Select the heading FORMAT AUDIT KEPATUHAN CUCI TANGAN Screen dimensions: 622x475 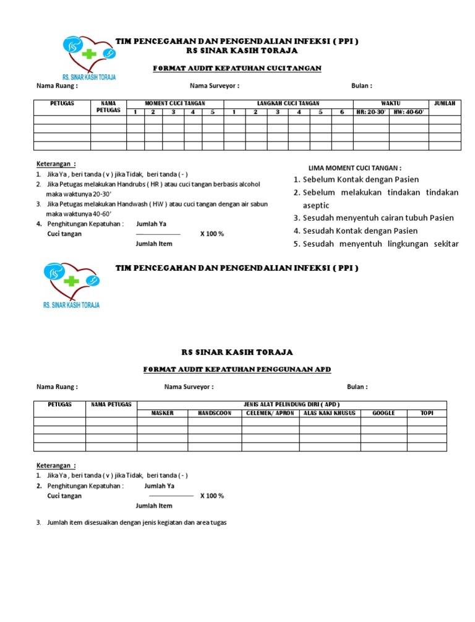pyautogui.click(x=237, y=68)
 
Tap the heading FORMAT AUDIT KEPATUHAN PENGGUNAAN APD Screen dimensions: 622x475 pyautogui.click(x=237, y=369)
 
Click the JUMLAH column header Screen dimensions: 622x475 pyautogui.click(x=445, y=103)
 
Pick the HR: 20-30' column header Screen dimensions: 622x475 pyautogui.click(x=370, y=112)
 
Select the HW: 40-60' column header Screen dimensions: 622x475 pyautogui.click(x=409, y=112)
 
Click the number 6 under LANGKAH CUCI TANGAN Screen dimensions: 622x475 pyautogui.click(x=341, y=112)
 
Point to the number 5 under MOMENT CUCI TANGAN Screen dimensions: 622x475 pyautogui.click(x=212, y=112)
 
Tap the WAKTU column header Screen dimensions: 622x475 pyautogui.click(x=390, y=103)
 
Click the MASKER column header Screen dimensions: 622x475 pyautogui.click(x=162, y=412)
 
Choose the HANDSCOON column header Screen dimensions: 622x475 pyautogui.click(x=214, y=412)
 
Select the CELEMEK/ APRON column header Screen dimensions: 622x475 pyautogui.click(x=270, y=412)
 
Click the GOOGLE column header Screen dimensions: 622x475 pyautogui.click(x=383, y=412)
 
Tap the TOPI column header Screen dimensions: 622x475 pyautogui.click(x=427, y=412)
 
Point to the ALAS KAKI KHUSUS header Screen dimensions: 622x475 pyautogui.click(x=330, y=412)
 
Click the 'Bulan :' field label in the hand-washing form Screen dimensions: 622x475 pyautogui.click(x=361, y=86)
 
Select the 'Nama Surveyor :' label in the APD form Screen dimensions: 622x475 pyautogui.click(x=189, y=387)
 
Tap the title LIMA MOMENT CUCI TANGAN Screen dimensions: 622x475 pyautogui.click(x=354, y=168)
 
